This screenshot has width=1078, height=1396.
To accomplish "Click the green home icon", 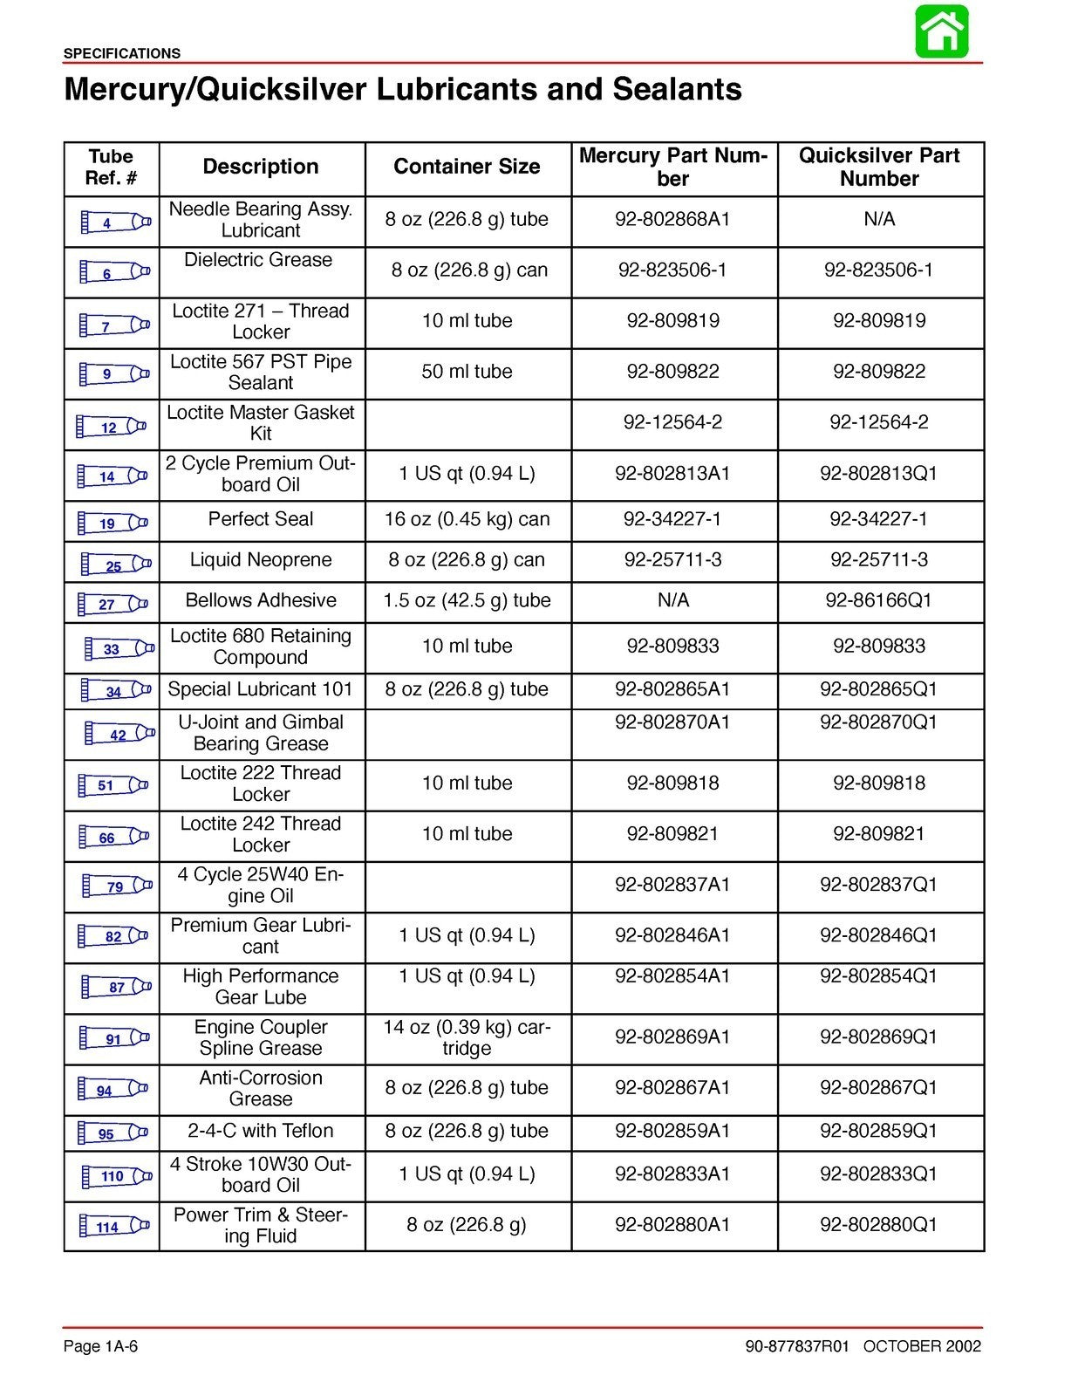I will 941,32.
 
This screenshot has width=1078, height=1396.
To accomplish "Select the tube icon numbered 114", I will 114,1227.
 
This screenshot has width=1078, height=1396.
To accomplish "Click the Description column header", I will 261,167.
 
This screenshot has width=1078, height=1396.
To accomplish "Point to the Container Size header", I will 467,167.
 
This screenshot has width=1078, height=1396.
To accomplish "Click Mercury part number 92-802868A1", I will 672,219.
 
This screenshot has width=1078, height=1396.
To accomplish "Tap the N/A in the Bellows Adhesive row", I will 672,600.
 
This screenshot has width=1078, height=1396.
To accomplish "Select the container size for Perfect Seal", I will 467,519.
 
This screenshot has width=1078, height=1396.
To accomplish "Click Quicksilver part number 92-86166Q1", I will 878,600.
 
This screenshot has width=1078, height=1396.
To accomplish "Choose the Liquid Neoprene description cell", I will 261,560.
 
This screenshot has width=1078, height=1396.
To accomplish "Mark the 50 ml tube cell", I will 467,372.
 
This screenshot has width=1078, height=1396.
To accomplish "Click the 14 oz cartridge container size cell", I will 467,1037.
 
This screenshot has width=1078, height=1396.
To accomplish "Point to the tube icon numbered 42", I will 120,735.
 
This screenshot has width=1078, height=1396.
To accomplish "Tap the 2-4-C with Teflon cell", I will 261,1131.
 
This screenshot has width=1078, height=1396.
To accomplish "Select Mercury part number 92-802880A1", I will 672,1225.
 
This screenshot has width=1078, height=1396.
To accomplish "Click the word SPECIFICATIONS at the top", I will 122,53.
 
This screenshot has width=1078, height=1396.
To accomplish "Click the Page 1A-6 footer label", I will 100,1346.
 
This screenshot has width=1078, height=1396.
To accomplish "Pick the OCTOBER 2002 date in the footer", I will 922,1346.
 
